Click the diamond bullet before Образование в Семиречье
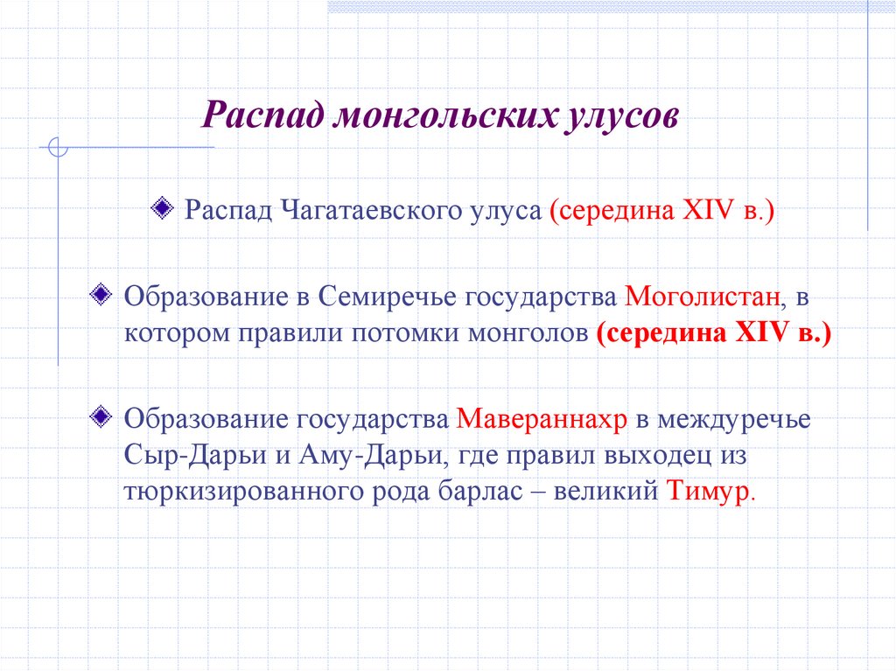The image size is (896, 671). pos(101,290)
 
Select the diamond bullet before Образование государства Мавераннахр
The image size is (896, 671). pos(101,413)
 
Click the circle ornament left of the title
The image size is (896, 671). pos(59,148)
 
